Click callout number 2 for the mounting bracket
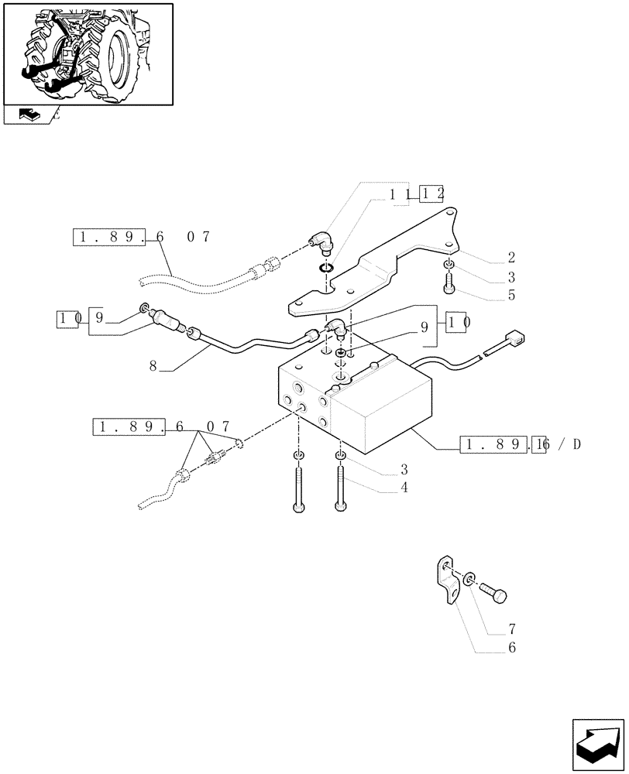[x=511, y=258]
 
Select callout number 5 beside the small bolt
[x=511, y=295]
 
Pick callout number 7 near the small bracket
[x=511, y=629]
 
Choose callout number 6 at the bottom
[x=511, y=648]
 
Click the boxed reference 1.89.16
[x=504, y=444]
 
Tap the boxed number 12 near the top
[x=431, y=194]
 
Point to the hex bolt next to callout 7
[x=495, y=593]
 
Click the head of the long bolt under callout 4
[x=341, y=507]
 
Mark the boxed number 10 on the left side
[x=67, y=317]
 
